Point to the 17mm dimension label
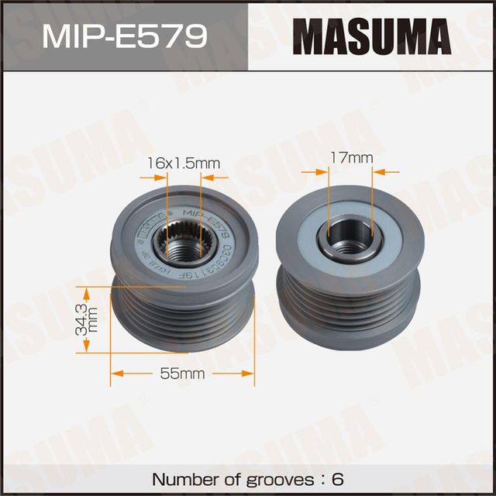click(x=350, y=158)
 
